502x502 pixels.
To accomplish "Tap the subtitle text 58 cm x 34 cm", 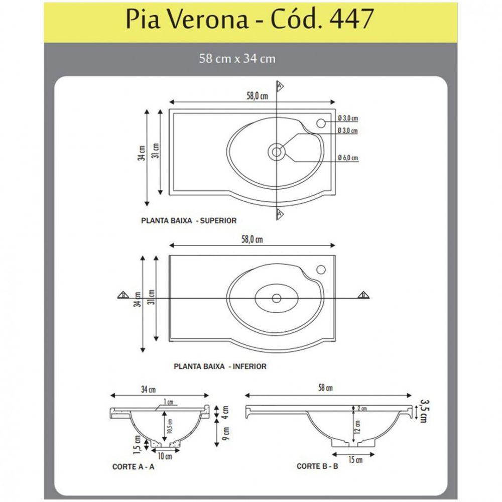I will pos(237,59).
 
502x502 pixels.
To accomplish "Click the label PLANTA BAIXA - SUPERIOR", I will pos(189,220).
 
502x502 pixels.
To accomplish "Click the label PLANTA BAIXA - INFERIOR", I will pos(220,366).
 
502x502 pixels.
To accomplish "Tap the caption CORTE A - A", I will pos(133,466).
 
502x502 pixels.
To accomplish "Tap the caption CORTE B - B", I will pos(317,466).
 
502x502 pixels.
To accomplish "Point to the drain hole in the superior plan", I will pos(276,150).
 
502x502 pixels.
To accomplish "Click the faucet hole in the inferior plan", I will pos(321,270).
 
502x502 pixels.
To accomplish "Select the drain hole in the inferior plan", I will pos(276,298).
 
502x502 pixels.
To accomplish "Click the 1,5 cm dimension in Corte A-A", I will pos(137,443).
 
